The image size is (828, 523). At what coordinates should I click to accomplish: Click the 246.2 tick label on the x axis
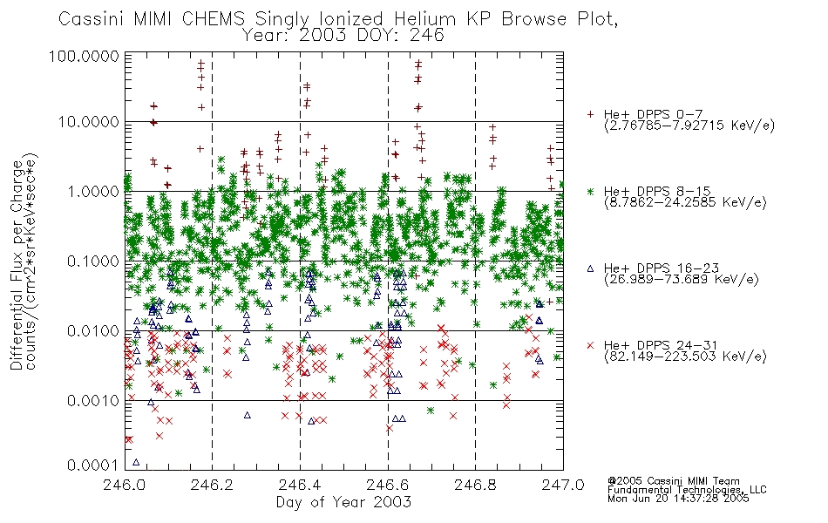(212, 485)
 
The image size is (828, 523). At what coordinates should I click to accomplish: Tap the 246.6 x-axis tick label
(388, 485)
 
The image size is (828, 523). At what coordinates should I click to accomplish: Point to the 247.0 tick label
(563, 485)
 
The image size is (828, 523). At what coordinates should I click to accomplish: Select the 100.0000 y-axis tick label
(85, 56)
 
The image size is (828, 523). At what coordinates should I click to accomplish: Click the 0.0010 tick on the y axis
(93, 400)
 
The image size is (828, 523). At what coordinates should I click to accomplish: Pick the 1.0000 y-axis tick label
(93, 191)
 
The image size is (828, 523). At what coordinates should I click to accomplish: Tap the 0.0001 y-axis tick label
(93, 465)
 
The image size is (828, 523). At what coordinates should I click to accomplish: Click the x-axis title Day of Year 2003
(343, 502)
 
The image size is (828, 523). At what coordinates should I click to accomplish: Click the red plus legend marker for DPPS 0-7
(590, 114)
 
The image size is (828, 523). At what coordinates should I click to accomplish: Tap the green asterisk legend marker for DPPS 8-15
(590, 191)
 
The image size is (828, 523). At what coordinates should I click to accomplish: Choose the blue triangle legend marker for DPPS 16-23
(590, 268)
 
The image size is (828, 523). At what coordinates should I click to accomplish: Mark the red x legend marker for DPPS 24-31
(590, 345)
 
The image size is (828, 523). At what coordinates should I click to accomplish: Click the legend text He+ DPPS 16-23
(662, 268)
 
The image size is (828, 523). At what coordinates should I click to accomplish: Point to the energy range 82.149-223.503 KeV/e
(685, 357)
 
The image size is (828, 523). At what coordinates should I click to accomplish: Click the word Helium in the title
(424, 19)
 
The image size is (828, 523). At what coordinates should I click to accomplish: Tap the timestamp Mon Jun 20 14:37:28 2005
(678, 499)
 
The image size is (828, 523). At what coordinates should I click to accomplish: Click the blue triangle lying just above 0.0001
(136, 462)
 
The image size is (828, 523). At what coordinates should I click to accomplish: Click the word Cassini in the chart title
(92, 19)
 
